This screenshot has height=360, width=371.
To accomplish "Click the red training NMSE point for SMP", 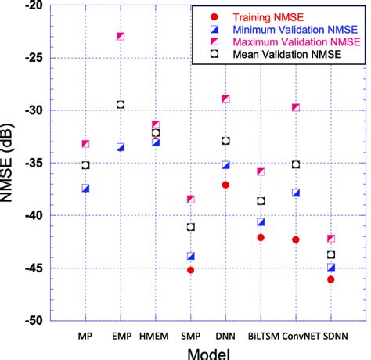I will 190,270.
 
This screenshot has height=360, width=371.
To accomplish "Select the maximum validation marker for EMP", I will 121,36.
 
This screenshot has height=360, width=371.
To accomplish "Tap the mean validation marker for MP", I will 85,165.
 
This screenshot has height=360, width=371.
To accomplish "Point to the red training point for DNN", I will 225,185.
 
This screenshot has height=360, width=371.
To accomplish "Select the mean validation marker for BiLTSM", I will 261,201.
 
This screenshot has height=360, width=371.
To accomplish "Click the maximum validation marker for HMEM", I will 156,124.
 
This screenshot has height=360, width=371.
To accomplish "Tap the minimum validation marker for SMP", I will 190,256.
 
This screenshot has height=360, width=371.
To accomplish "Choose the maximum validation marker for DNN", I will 225,99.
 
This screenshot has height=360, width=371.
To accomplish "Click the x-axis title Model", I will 207,352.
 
